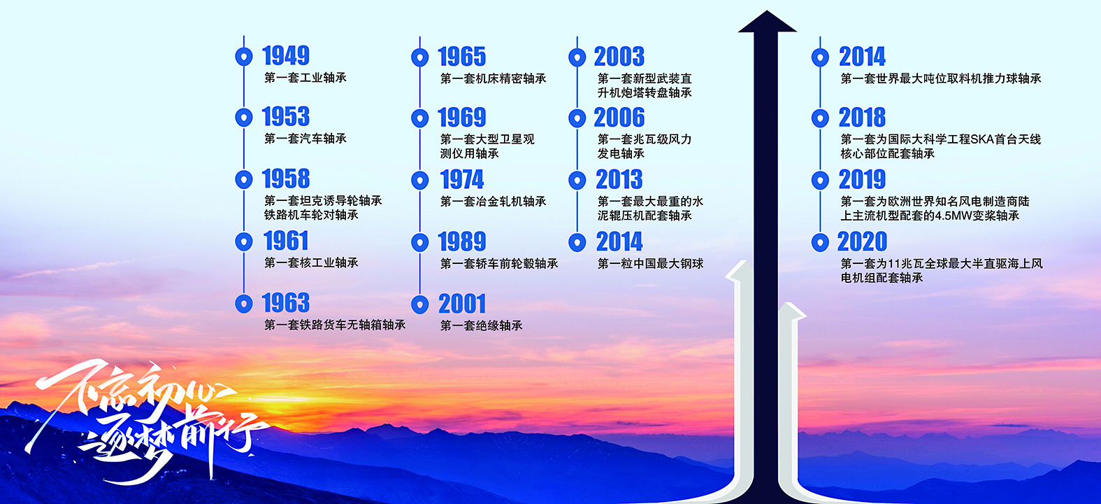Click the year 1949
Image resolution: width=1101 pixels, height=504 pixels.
[x=286, y=55]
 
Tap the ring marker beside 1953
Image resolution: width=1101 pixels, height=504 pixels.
[x=244, y=117]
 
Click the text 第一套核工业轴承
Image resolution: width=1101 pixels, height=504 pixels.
[x=311, y=262]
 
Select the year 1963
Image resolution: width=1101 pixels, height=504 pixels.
[x=286, y=303]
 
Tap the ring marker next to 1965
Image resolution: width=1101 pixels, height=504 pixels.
[x=419, y=57]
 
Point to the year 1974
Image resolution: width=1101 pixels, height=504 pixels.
[x=461, y=180]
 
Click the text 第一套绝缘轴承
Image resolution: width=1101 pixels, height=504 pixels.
[x=481, y=325]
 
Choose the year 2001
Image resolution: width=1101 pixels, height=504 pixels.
[x=461, y=304]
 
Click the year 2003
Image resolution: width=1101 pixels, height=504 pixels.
[x=619, y=57]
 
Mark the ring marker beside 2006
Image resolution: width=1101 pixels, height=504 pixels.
[x=577, y=118]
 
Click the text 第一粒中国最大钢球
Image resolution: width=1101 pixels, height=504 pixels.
[x=650, y=264]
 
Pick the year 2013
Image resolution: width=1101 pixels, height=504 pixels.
[x=619, y=180]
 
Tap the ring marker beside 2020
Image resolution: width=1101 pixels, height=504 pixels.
[x=820, y=242]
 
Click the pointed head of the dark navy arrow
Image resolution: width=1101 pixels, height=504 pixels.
[x=767, y=11]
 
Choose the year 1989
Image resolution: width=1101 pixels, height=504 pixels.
[x=461, y=242]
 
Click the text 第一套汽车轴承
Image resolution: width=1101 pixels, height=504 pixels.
[x=305, y=139]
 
